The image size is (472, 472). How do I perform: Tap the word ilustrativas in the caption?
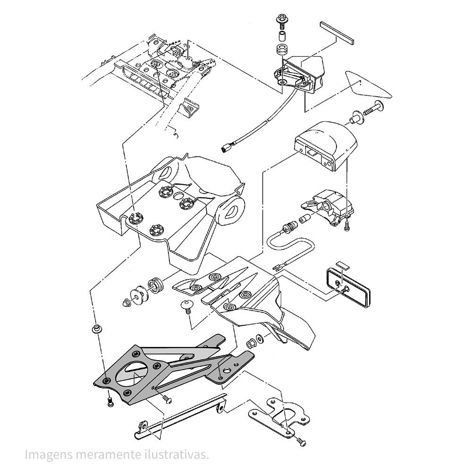pyautogui.click(x=179, y=455)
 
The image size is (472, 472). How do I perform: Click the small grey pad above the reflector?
pyautogui.click(x=342, y=263)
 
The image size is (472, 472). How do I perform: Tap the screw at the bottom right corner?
pyautogui.click(x=301, y=441)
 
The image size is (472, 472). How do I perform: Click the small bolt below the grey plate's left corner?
pyautogui.click(x=110, y=403)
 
